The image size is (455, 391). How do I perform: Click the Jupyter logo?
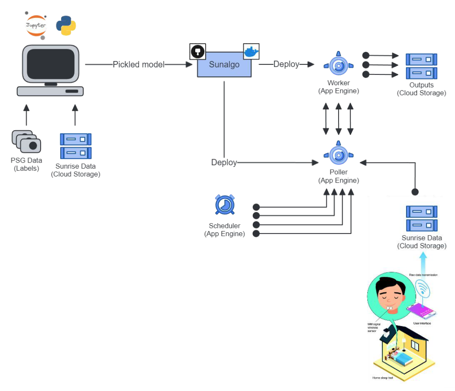pyautogui.click(x=36, y=25)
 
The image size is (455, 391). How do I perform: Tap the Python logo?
pyautogui.click(x=66, y=25)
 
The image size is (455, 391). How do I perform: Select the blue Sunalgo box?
pyautogui.click(x=224, y=64)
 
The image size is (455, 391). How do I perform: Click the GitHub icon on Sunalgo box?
pyautogui.click(x=197, y=51)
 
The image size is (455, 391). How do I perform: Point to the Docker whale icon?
pyautogui.click(x=251, y=51)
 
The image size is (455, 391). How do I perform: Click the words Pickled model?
pyautogui.click(x=139, y=64)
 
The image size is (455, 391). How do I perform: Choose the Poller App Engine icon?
pyautogui.click(x=339, y=154)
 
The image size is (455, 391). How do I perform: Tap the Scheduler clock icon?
pyautogui.click(x=225, y=205)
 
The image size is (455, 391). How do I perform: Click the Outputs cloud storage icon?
pyautogui.click(x=421, y=66)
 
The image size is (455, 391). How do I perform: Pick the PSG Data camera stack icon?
pyautogui.click(x=26, y=141)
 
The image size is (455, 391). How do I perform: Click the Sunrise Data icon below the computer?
pyautogui.click(x=76, y=146)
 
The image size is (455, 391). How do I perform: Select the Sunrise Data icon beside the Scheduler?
pyautogui.click(x=421, y=218)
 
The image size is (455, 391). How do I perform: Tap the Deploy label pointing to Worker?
pyautogui.click(x=286, y=64)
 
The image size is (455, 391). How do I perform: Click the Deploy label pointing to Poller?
pyautogui.click(x=224, y=163)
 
